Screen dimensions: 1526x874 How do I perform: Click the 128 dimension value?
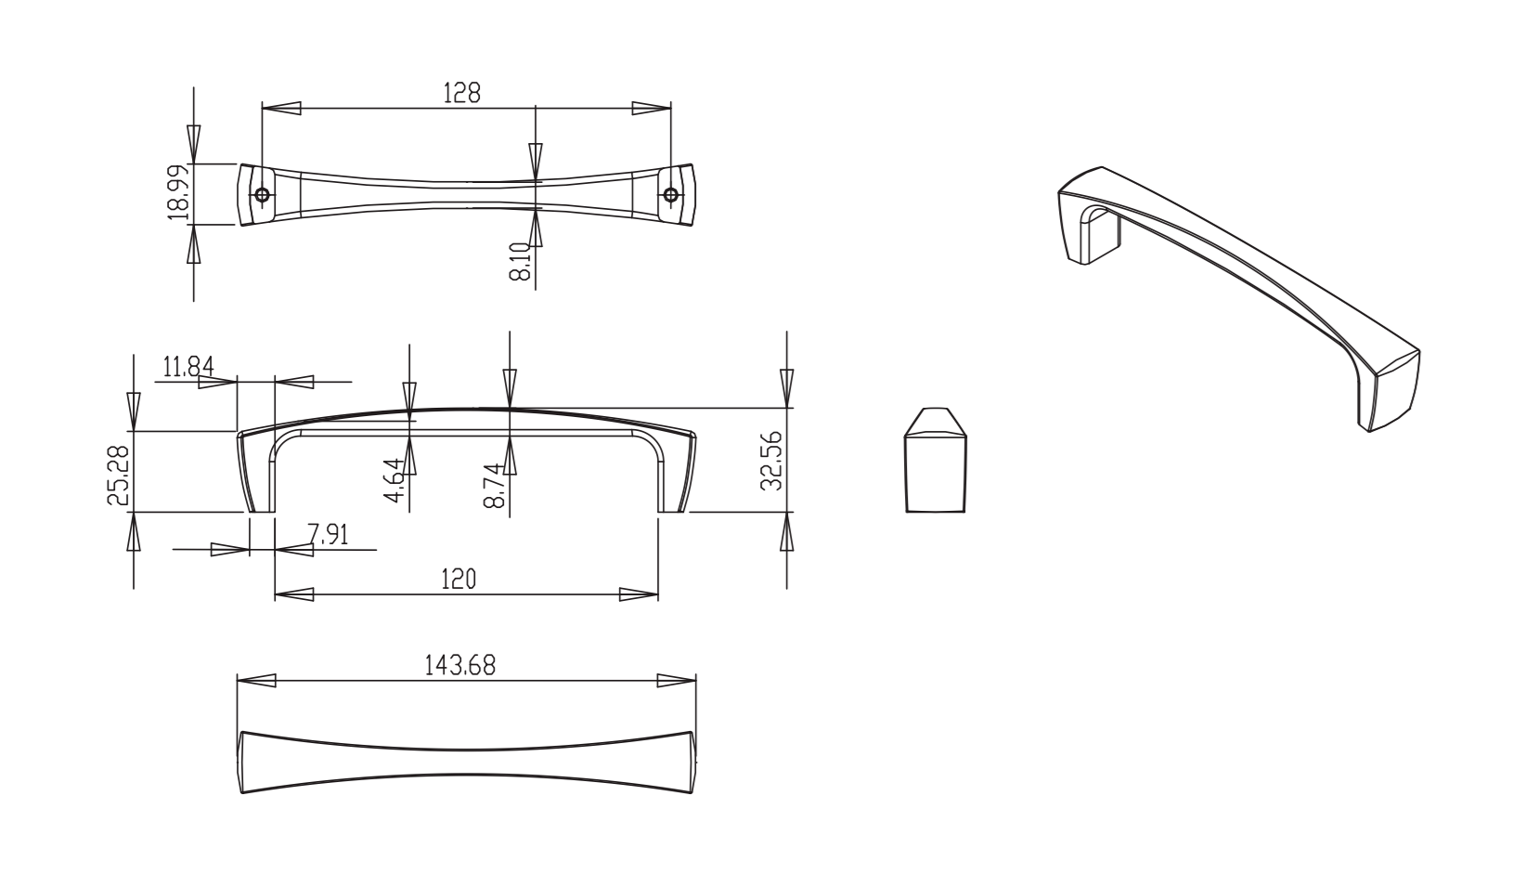pos(462,93)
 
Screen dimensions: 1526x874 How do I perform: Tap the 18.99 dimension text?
pos(178,192)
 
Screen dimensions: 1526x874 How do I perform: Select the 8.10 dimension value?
pos(520,261)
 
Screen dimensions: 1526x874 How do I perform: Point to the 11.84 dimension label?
pos(188,367)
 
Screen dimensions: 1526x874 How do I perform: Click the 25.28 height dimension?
pos(118,476)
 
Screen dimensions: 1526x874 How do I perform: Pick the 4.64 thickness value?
pos(395,480)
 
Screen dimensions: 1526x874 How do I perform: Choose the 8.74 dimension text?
pos(494,486)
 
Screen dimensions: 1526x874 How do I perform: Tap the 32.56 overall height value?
pos(771,461)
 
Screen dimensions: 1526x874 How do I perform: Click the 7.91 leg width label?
pos(328,534)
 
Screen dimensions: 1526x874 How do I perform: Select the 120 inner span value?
pos(459,580)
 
